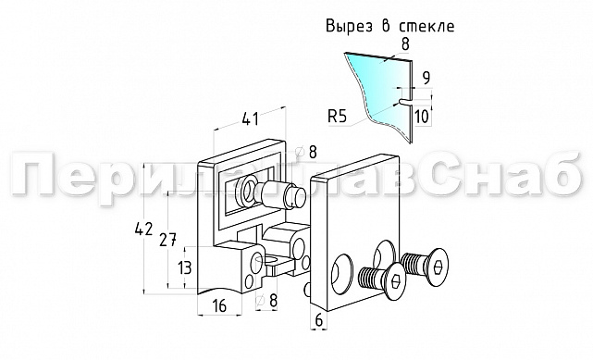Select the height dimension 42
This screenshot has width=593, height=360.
click(142, 229)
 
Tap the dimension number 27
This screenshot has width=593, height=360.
click(167, 241)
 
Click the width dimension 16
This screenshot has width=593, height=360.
click(218, 306)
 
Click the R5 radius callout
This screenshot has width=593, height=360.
click(338, 116)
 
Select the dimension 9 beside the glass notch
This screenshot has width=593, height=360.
click(426, 78)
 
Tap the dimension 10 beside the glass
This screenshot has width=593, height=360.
click(423, 116)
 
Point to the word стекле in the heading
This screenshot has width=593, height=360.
click(426, 26)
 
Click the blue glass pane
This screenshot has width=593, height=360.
click(370, 83)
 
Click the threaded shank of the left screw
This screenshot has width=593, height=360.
click(370, 276)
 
